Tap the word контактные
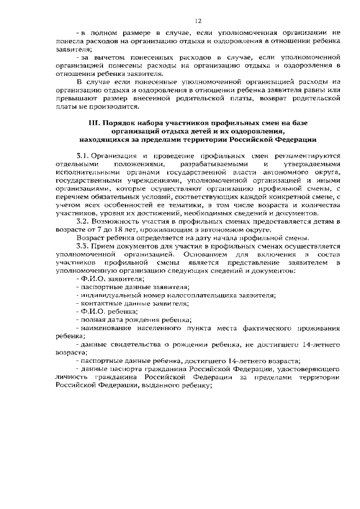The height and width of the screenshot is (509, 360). point(98,303)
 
